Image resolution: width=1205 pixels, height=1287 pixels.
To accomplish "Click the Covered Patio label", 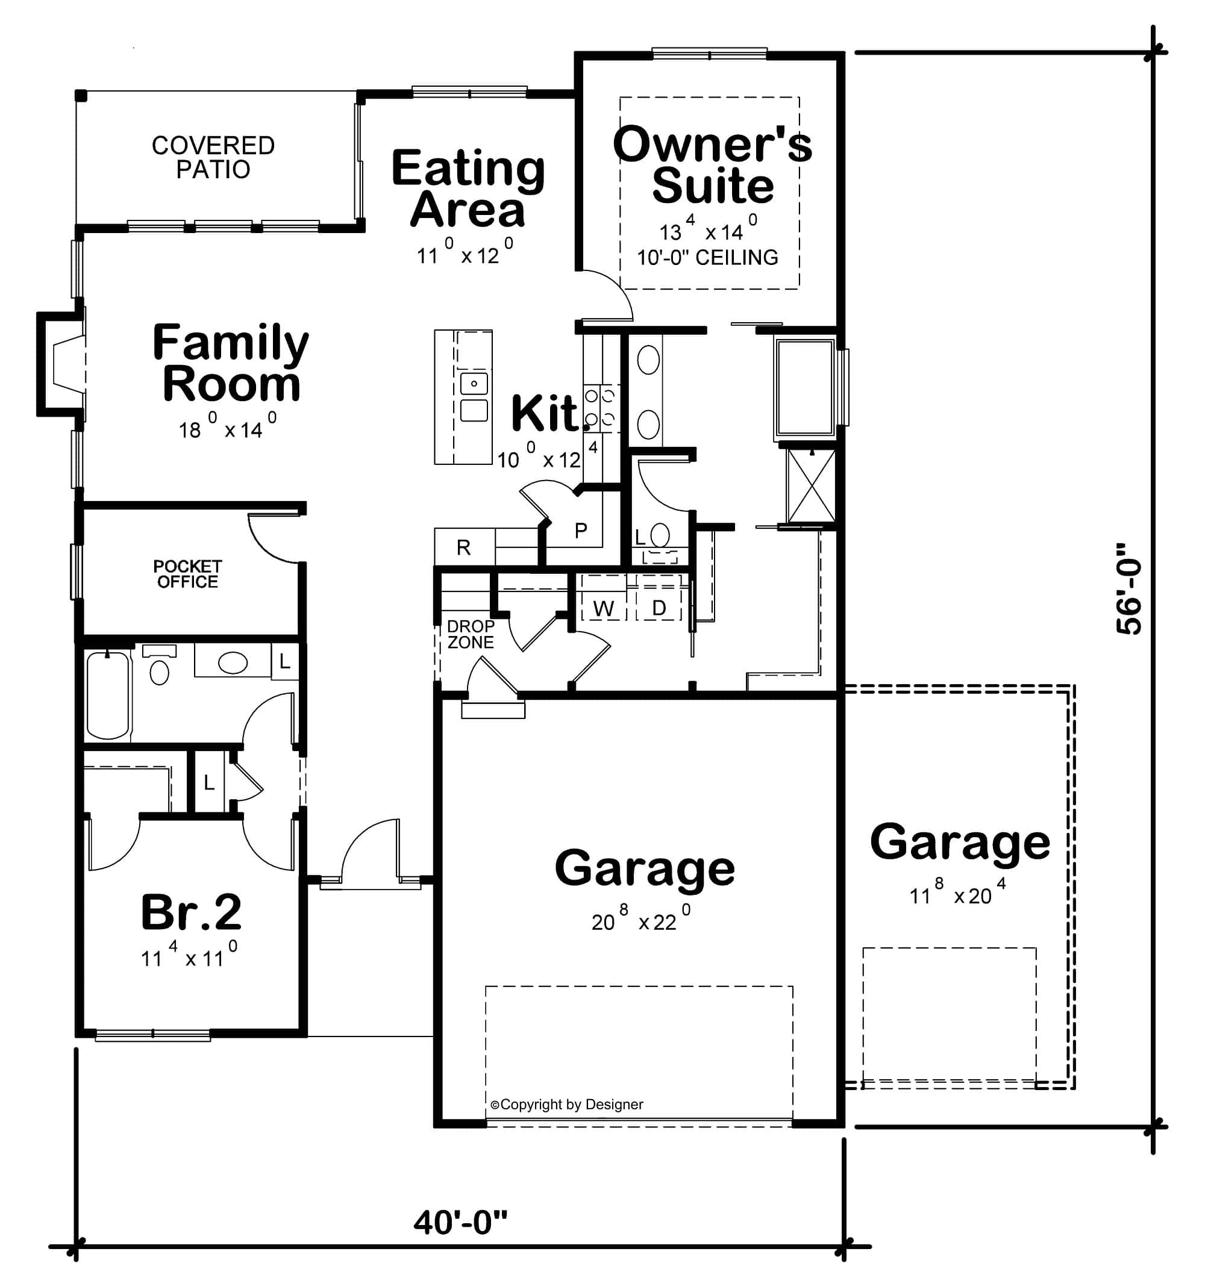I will (213, 157).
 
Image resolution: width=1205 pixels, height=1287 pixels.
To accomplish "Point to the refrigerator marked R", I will (463, 547).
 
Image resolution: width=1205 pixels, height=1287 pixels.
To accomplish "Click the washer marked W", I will (604, 608).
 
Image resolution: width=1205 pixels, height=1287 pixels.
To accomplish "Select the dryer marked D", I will (659, 608).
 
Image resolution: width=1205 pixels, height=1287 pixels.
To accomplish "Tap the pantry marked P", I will (581, 531).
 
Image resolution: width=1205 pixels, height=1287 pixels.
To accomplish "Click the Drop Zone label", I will (471, 634).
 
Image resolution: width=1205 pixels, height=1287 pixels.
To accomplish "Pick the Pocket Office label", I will (187, 574).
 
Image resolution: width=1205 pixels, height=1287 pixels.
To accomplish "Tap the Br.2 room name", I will (191, 912).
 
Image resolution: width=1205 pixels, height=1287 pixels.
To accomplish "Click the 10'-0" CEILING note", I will (708, 258).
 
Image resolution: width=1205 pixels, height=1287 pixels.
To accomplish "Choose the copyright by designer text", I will (567, 1105).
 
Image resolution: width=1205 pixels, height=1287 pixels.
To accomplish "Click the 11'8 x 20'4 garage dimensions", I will (957, 896).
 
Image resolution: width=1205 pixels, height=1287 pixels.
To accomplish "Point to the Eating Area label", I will (468, 188).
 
